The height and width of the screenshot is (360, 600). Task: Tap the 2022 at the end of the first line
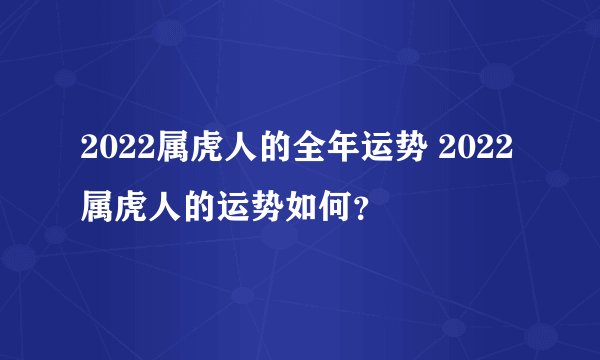pos(478,153)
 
